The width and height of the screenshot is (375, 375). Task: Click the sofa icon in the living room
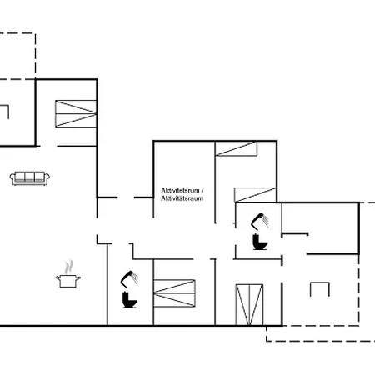pos(30,178)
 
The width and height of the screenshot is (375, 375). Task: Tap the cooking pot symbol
pos(68,281)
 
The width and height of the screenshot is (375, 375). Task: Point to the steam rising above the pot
pos(69,267)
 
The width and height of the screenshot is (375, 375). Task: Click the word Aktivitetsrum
pos(180,191)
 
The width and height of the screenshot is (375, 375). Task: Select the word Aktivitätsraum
pos(182,198)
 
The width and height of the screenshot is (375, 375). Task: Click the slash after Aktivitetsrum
pos(202,191)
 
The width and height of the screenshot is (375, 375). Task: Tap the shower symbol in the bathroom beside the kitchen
pos(129,279)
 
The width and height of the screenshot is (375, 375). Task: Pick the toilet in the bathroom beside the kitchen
pos(129,300)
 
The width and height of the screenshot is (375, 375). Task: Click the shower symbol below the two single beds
pos(260,222)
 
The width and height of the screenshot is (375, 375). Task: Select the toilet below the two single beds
pos(260,242)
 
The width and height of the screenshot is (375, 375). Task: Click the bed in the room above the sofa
pos(76,113)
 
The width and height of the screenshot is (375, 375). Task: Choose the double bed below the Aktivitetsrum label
pos(174,293)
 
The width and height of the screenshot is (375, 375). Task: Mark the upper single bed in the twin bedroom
pos(237,149)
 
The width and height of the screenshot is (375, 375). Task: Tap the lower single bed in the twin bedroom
pos(256,195)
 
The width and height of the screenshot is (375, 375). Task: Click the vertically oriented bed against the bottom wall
pos(249,304)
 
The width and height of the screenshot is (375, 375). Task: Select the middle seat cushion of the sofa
pos(30,177)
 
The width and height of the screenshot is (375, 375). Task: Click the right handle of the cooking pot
pos(78,277)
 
